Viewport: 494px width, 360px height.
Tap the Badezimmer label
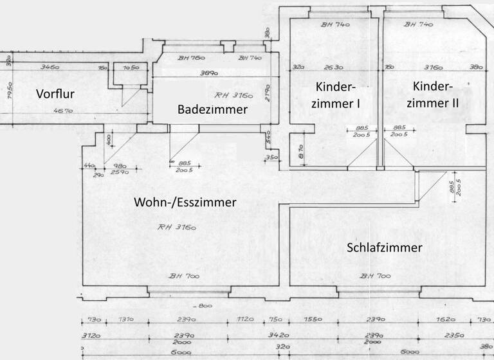212,110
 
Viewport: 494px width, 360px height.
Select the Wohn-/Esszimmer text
185,203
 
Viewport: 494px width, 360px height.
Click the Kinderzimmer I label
336,94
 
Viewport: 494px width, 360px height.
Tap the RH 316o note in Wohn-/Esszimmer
176,227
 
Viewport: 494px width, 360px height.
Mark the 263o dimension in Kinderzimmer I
333,66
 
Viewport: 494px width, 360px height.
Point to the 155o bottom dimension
313,320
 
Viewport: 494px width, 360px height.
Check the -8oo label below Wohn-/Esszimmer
205,305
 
